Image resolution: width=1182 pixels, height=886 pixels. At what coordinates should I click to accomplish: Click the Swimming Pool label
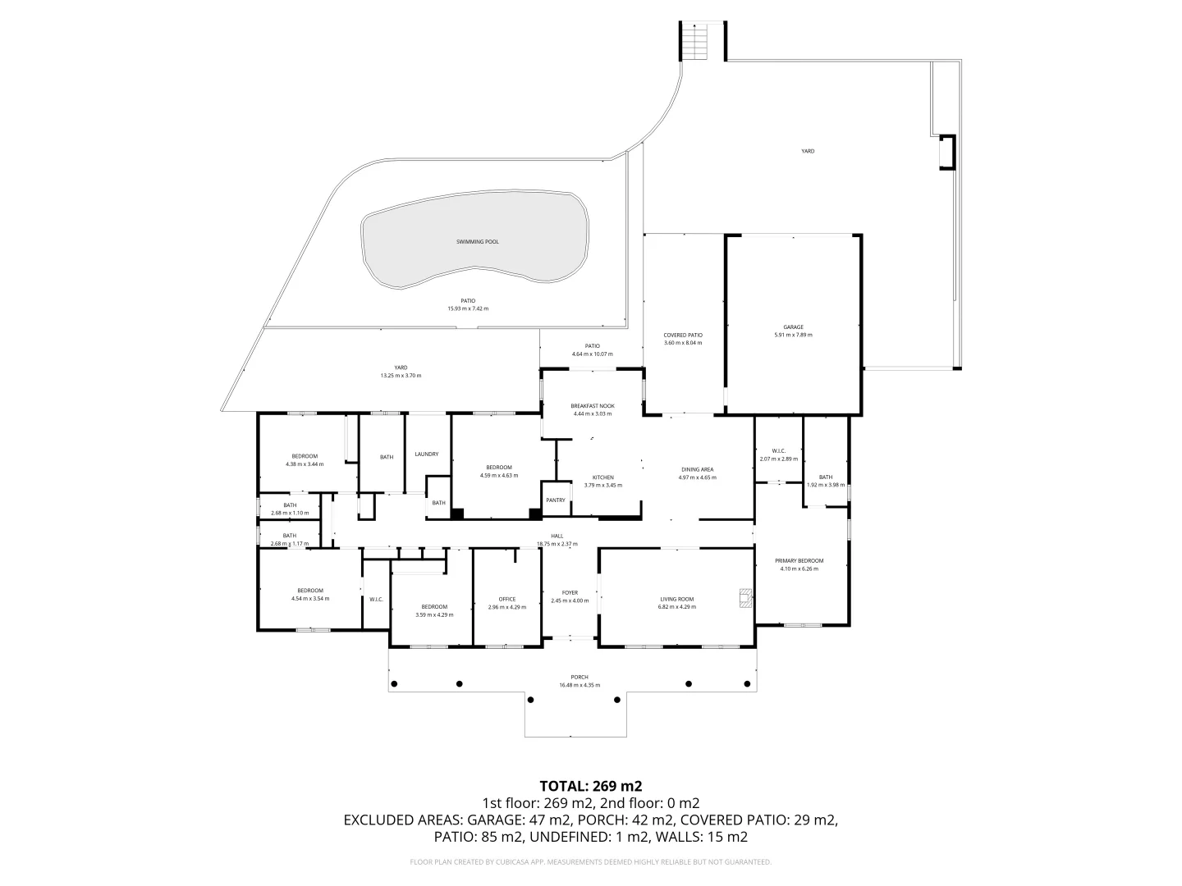(477, 242)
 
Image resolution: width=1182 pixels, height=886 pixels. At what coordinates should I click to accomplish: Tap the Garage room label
(793, 327)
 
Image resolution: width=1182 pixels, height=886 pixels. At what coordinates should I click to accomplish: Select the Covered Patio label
(683, 335)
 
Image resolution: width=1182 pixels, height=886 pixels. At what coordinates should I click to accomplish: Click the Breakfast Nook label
(593, 406)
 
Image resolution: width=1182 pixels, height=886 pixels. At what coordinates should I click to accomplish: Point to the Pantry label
(556, 500)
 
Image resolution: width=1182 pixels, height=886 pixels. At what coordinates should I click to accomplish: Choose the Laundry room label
(427, 454)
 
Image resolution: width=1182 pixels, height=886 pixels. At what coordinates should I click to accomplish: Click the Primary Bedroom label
(799, 561)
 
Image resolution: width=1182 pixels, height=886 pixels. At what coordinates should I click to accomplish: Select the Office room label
(506, 599)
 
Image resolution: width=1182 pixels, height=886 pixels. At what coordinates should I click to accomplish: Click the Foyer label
(570, 592)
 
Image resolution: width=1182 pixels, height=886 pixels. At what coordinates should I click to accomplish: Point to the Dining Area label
(696, 469)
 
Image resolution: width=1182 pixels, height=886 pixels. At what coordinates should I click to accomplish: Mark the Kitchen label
(603, 477)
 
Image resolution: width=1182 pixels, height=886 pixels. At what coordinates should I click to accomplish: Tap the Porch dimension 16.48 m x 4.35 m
(580, 685)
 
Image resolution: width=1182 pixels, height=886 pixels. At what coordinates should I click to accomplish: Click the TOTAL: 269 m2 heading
(590, 785)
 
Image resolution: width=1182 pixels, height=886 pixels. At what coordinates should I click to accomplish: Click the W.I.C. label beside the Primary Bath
(779, 450)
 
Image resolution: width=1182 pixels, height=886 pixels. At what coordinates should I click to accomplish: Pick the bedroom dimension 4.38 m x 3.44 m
(305, 464)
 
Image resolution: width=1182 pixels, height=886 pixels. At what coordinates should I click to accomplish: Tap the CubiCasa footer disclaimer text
(590, 862)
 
